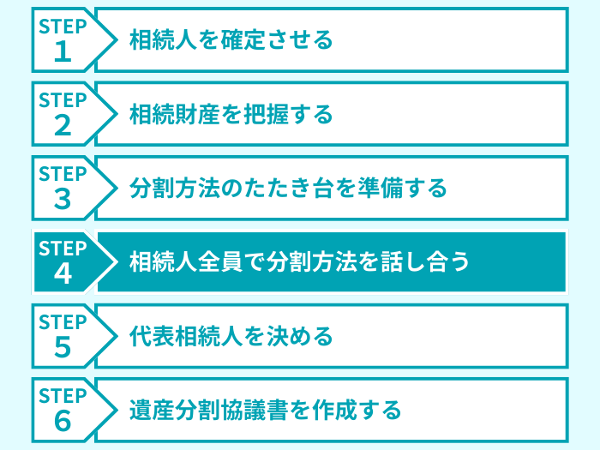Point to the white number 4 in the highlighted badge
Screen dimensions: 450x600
pos(63,274)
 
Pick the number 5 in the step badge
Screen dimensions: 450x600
pos(63,348)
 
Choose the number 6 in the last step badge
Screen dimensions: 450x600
pos(63,422)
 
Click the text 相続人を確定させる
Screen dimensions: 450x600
pos(231,39)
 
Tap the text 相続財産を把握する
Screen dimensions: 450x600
pos(231,113)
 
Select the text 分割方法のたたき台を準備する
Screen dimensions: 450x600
pos(288,188)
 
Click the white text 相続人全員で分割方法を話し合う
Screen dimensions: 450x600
pos(299,261)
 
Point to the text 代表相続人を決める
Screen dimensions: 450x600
pos(231,335)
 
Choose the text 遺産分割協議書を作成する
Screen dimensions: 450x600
pos(265,410)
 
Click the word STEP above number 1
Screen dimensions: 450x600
pos(63,27)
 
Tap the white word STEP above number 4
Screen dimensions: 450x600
pos(63,249)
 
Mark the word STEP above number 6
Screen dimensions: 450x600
pos(63,396)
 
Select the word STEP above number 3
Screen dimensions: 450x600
pos(63,175)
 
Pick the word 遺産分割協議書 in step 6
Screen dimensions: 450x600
pos(196,410)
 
